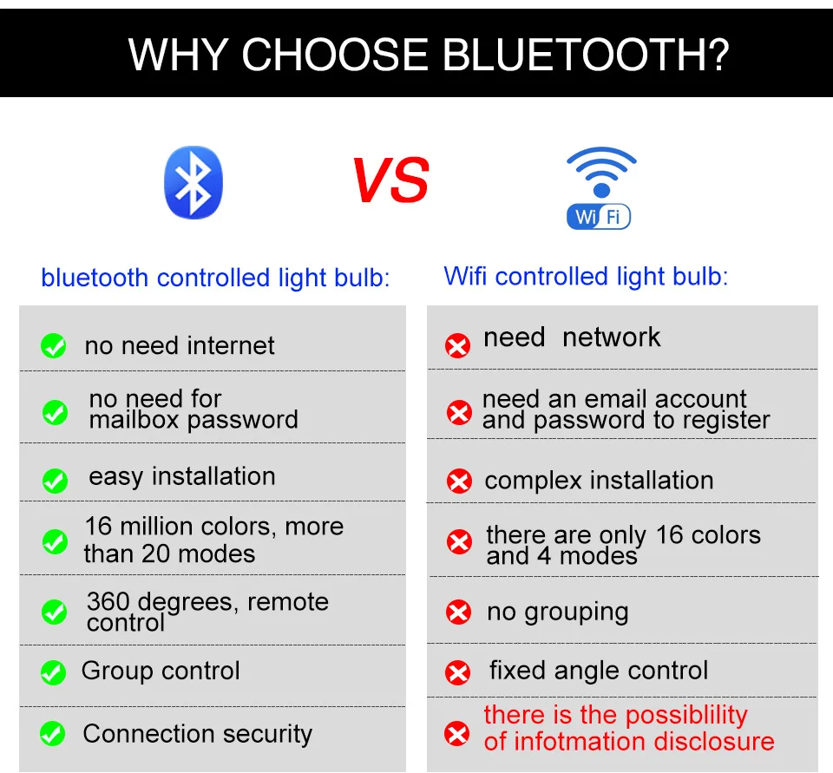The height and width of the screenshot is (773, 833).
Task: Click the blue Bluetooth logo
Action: point(193,182)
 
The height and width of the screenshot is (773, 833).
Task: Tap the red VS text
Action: point(390,180)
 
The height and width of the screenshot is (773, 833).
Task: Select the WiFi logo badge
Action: point(600,188)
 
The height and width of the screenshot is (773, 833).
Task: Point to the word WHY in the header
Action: point(179,54)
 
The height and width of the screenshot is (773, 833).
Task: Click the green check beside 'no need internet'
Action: point(54,346)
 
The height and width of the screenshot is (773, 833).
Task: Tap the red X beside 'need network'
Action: point(457,346)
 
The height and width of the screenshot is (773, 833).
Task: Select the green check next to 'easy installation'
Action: point(55,481)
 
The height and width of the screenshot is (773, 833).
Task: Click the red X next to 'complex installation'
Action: point(459,481)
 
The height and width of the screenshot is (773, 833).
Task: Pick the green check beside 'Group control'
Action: point(53,672)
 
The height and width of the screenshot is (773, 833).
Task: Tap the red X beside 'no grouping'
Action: point(458,613)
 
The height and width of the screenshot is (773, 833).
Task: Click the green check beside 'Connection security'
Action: point(53,734)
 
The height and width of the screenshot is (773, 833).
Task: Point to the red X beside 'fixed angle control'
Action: point(457,673)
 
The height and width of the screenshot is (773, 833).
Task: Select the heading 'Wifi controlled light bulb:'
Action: point(586,277)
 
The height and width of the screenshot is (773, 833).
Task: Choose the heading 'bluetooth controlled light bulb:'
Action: point(215,278)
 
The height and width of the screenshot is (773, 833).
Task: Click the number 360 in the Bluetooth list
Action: point(108,601)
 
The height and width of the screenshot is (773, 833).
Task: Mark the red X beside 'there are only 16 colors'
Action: point(459,542)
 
